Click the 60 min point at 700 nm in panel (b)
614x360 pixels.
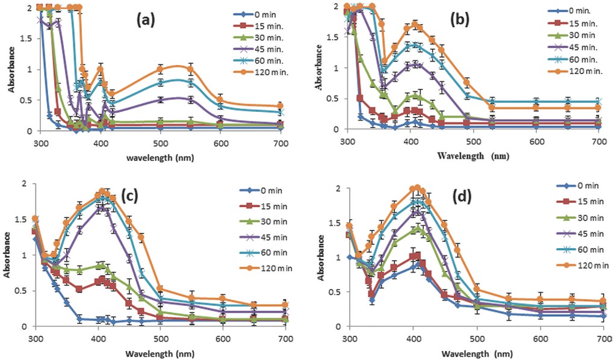pos(598,102)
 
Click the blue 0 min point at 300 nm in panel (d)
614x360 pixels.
pos(350,257)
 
